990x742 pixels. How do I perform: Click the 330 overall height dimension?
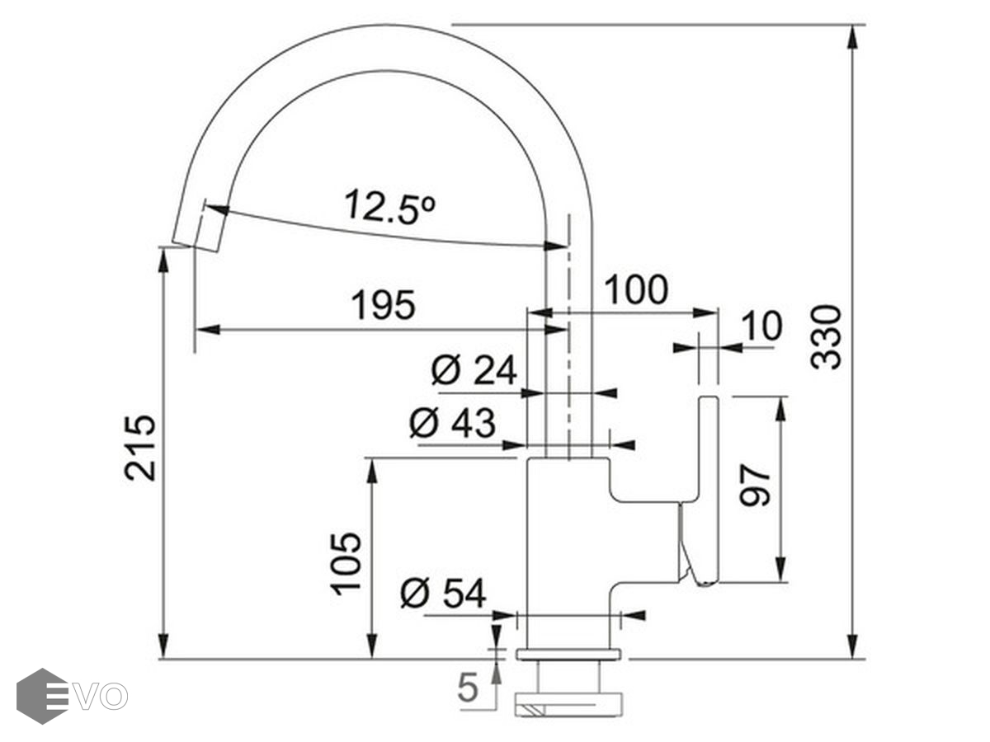point(826,337)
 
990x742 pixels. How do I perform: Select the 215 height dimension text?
point(139,448)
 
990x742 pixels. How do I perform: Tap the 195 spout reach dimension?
point(383,305)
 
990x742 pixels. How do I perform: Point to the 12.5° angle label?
point(389,207)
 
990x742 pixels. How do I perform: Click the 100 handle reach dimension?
point(635,289)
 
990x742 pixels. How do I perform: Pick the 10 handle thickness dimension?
point(761,326)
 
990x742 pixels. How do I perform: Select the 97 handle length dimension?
point(755,486)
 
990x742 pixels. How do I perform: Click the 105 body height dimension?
point(346,564)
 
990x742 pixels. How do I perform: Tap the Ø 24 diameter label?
point(474,370)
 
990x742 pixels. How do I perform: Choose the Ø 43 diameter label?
point(452,423)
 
